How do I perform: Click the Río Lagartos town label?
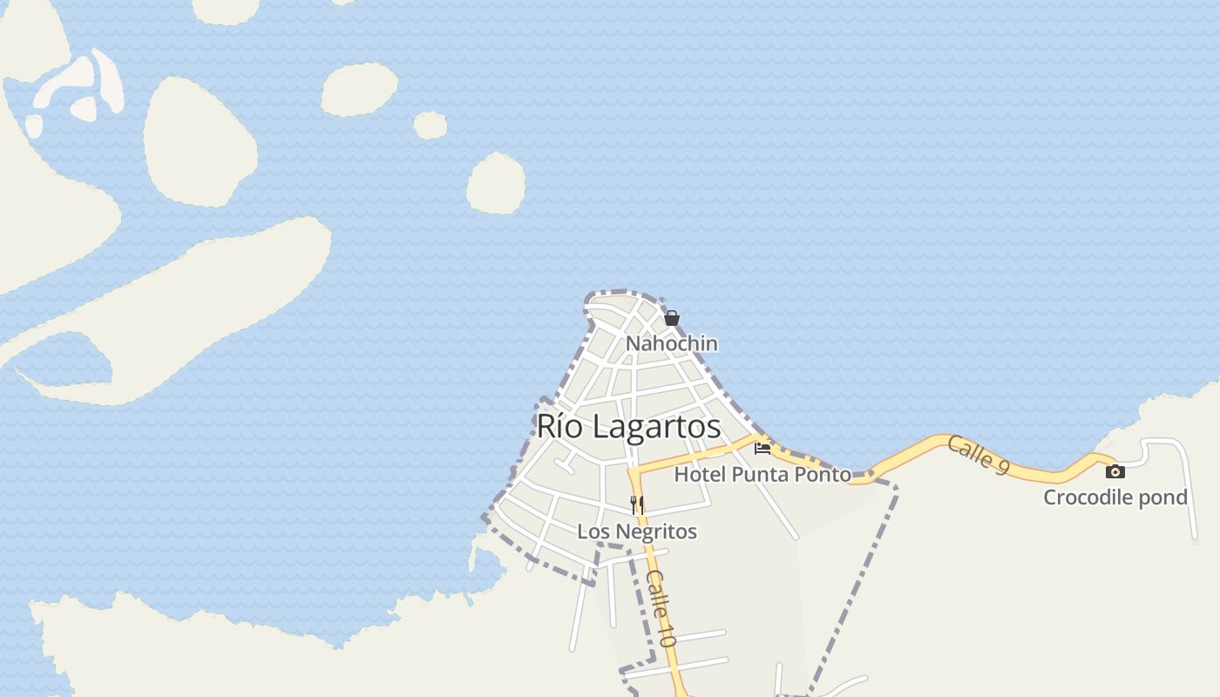coord(628,426)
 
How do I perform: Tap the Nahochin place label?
coord(672,343)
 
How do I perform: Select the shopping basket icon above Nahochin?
coord(672,318)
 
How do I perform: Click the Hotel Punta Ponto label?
coord(762,475)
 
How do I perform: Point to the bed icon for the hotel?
coord(762,449)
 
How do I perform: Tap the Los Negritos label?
coord(637,531)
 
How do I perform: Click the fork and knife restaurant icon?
coord(637,504)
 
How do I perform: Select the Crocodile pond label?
coord(1115,497)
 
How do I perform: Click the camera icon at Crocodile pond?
coord(1115,472)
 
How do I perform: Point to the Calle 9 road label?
coord(978,455)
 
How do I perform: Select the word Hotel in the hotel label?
coord(700,475)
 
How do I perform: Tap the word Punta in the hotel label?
coord(756,475)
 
